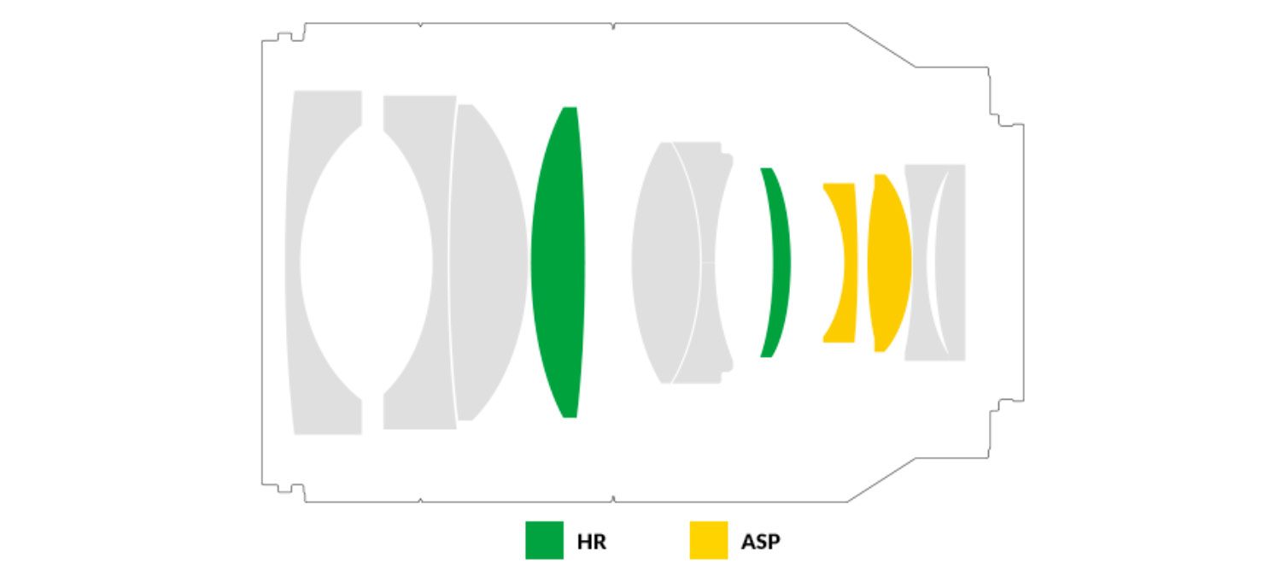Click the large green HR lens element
click(558, 262)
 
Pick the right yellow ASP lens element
click(889, 262)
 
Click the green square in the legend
click(545, 540)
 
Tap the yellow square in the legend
click(709, 540)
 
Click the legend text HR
click(591, 541)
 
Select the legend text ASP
click(760, 541)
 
